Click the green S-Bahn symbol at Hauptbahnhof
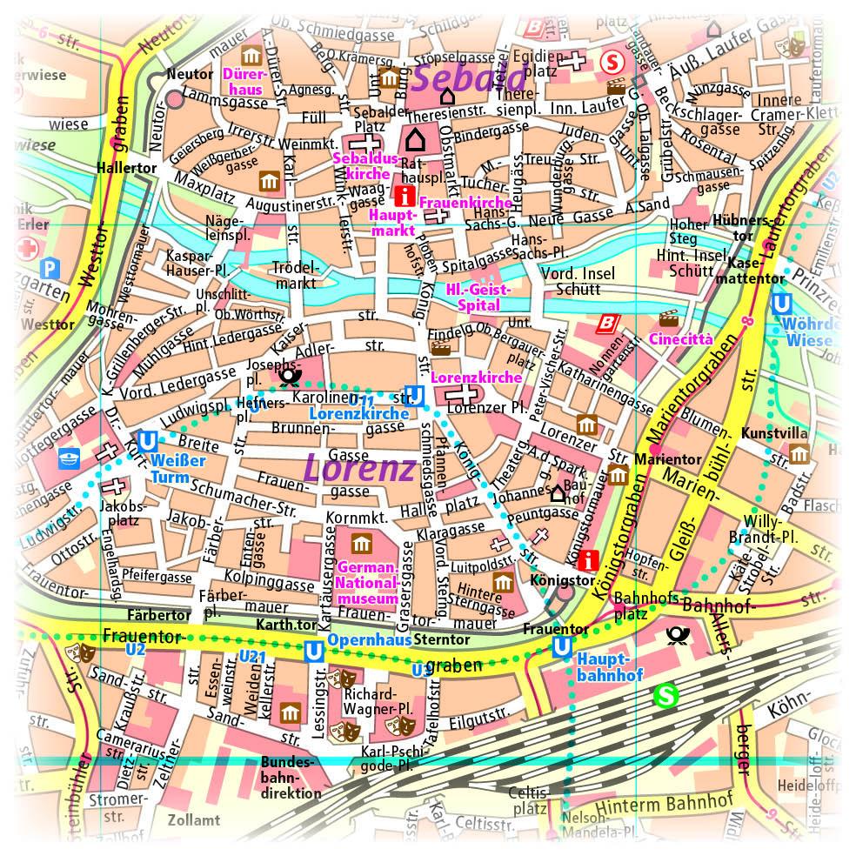coord(665,696)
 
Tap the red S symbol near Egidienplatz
coord(612,62)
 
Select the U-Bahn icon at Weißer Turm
coord(147,441)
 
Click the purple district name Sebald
coord(458,78)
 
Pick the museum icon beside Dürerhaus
coord(252,57)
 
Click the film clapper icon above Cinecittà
coord(668,318)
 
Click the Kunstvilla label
coord(774,433)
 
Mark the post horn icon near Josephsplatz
coord(288,377)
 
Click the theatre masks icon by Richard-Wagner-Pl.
coord(348,675)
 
